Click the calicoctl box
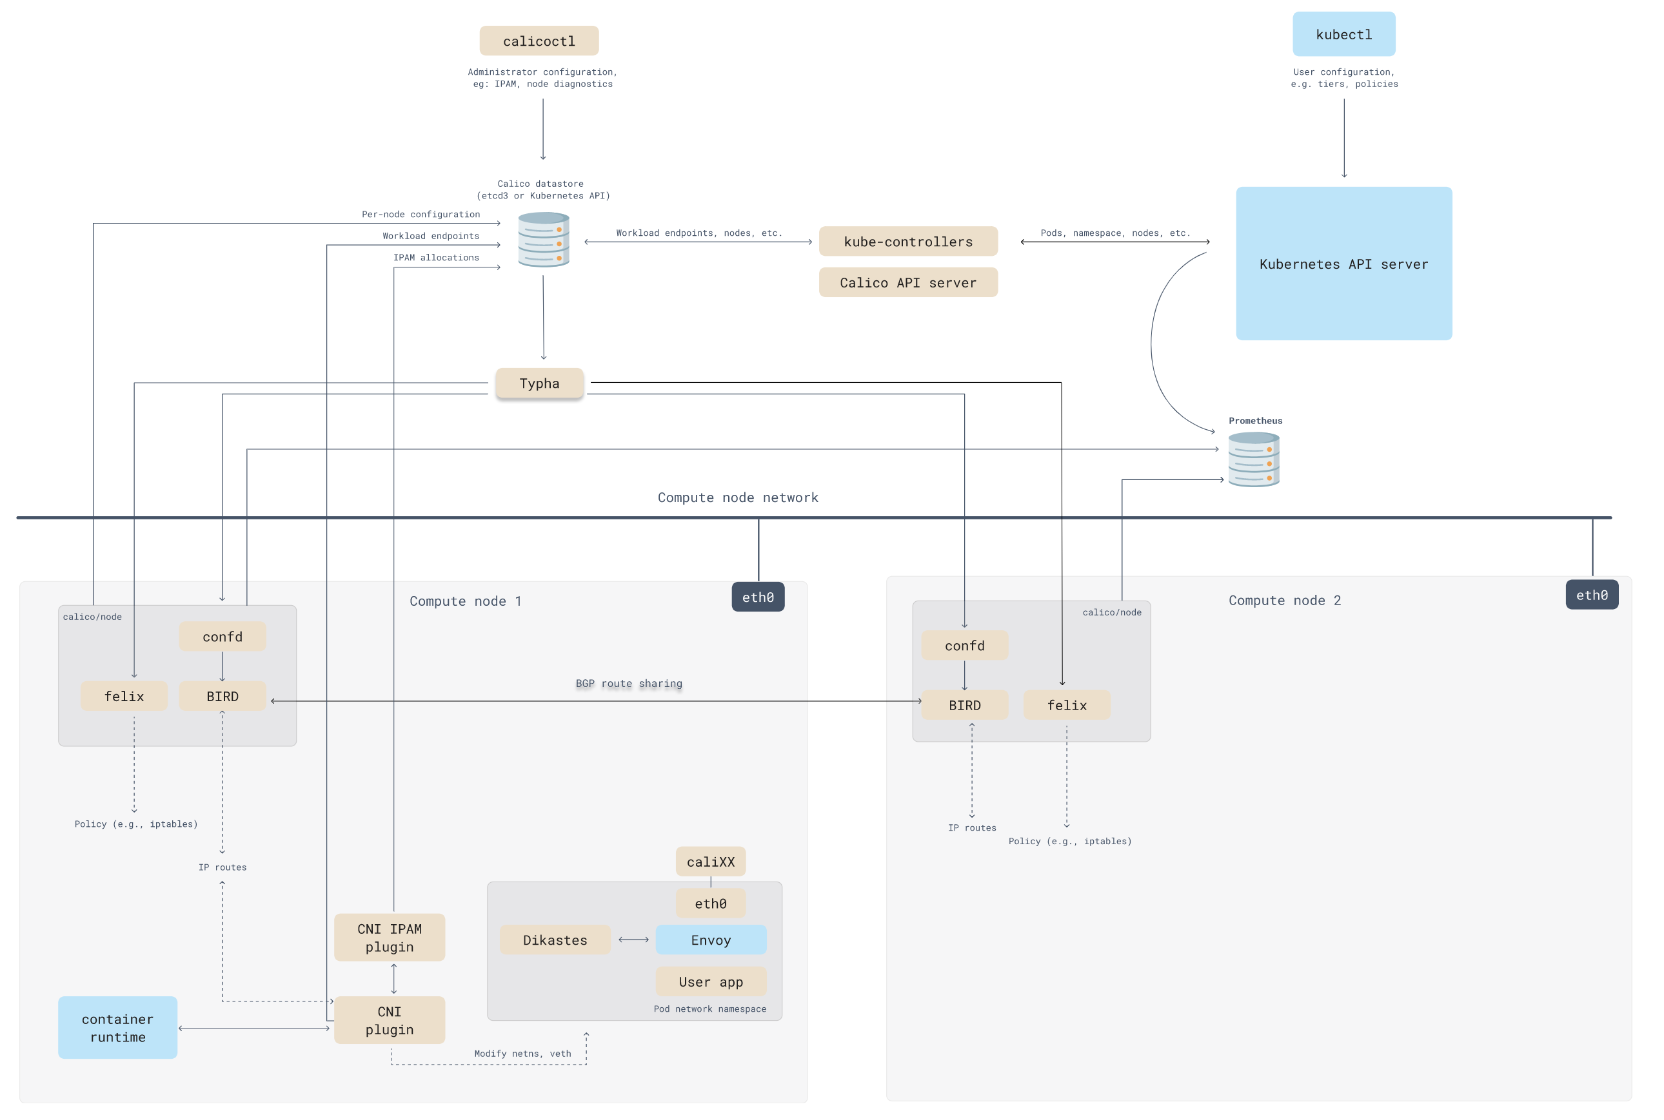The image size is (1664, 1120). click(539, 41)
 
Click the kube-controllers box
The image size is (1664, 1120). click(907, 242)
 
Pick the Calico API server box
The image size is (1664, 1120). click(907, 282)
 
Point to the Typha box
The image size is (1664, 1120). click(539, 383)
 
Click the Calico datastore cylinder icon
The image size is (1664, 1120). click(543, 239)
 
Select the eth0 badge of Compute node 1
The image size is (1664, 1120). click(758, 597)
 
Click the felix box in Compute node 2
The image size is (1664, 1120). click(1067, 705)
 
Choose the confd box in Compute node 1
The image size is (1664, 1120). click(223, 637)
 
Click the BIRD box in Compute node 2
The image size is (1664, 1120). click(964, 705)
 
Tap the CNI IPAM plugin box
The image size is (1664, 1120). click(390, 937)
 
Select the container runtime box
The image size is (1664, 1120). click(118, 1027)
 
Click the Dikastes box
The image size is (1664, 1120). click(555, 940)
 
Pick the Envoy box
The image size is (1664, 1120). click(711, 940)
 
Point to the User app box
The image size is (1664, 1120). click(711, 981)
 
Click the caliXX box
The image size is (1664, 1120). click(711, 862)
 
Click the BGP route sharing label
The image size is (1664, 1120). click(628, 684)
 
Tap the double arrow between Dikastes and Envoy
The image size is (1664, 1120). click(633, 940)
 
